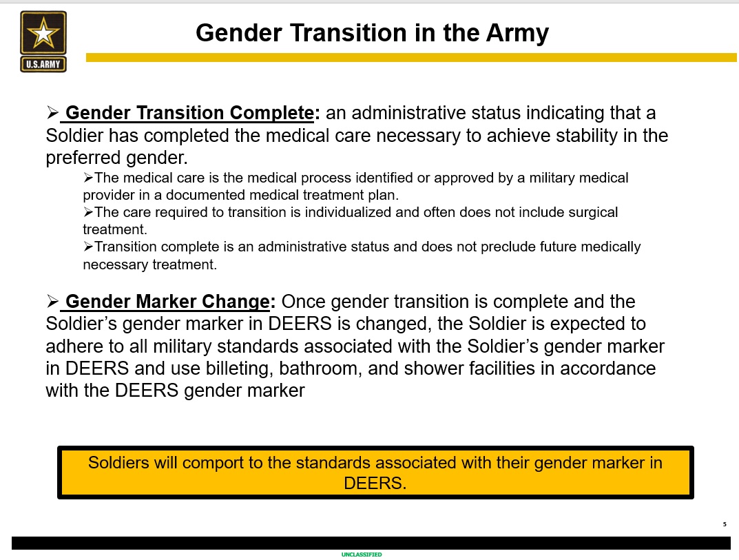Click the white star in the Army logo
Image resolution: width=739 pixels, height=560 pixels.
tap(43, 32)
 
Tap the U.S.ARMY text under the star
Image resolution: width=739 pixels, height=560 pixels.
tap(43, 64)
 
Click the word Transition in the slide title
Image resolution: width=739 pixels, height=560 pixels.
tap(348, 33)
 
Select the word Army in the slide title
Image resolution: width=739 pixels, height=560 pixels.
tap(517, 34)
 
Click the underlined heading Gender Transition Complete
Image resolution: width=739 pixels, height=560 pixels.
tap(189, 113)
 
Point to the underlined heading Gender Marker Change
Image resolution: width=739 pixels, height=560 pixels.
tap(167, 302)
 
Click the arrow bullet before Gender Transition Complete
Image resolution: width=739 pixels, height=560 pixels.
tap(52, 113)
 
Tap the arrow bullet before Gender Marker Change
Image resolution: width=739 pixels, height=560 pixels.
tap(52, 301)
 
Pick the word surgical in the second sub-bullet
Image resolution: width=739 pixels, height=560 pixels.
tap(593, 213)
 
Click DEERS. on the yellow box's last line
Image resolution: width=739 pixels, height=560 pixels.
tap(375, 483)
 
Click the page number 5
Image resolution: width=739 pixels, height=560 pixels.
tap(725, 524)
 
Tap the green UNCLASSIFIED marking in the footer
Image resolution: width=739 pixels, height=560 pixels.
tap(362, 554)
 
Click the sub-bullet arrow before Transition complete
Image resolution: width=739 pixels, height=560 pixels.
tap(88, 247)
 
